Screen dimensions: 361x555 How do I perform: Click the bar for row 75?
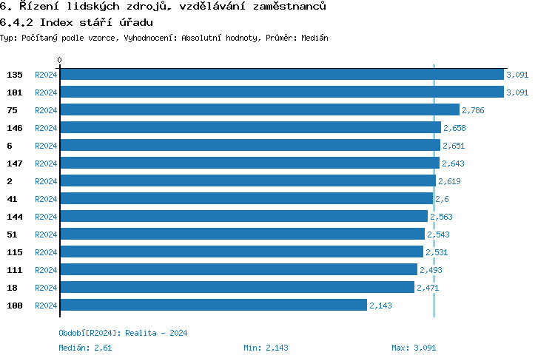click(259, 110)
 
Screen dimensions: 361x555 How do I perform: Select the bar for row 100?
click(213, 305)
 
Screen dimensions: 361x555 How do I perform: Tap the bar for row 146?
click(250, 128)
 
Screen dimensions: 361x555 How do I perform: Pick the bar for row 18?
click(237, 287)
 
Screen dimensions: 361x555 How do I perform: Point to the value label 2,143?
click(380, 305)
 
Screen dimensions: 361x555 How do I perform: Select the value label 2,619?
click(450, 181)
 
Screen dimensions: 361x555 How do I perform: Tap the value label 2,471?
click(428, 287)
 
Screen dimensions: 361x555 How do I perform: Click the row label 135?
click(15, 75)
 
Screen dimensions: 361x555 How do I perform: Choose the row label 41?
click(13, 199)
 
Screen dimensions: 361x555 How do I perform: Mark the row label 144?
click(15, 217)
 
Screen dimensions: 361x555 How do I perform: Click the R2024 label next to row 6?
click(46, 146)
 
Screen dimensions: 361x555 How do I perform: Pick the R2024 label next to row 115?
click(46, 252)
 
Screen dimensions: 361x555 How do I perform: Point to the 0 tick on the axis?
click(60, 60)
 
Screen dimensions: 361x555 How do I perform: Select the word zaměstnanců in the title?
click(285, 6)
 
